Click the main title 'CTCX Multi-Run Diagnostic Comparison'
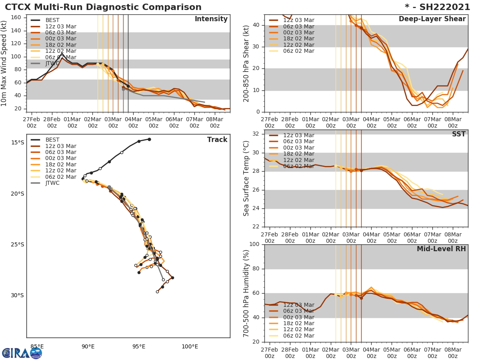(103, 7)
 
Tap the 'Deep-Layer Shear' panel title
(432, 19)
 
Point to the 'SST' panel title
(458, 134)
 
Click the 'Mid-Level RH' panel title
(441, 249)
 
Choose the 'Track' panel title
(217, 140)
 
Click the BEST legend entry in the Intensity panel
(52, 20)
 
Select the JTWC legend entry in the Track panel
(52, 183)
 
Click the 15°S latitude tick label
(17, 143)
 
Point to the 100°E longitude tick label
(190, 346)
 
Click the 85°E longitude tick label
(37, 346)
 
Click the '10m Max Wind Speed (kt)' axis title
(4, 64)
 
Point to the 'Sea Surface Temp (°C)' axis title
(246, 178)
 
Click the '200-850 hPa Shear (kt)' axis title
(246, 64)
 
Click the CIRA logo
(22, 353)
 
